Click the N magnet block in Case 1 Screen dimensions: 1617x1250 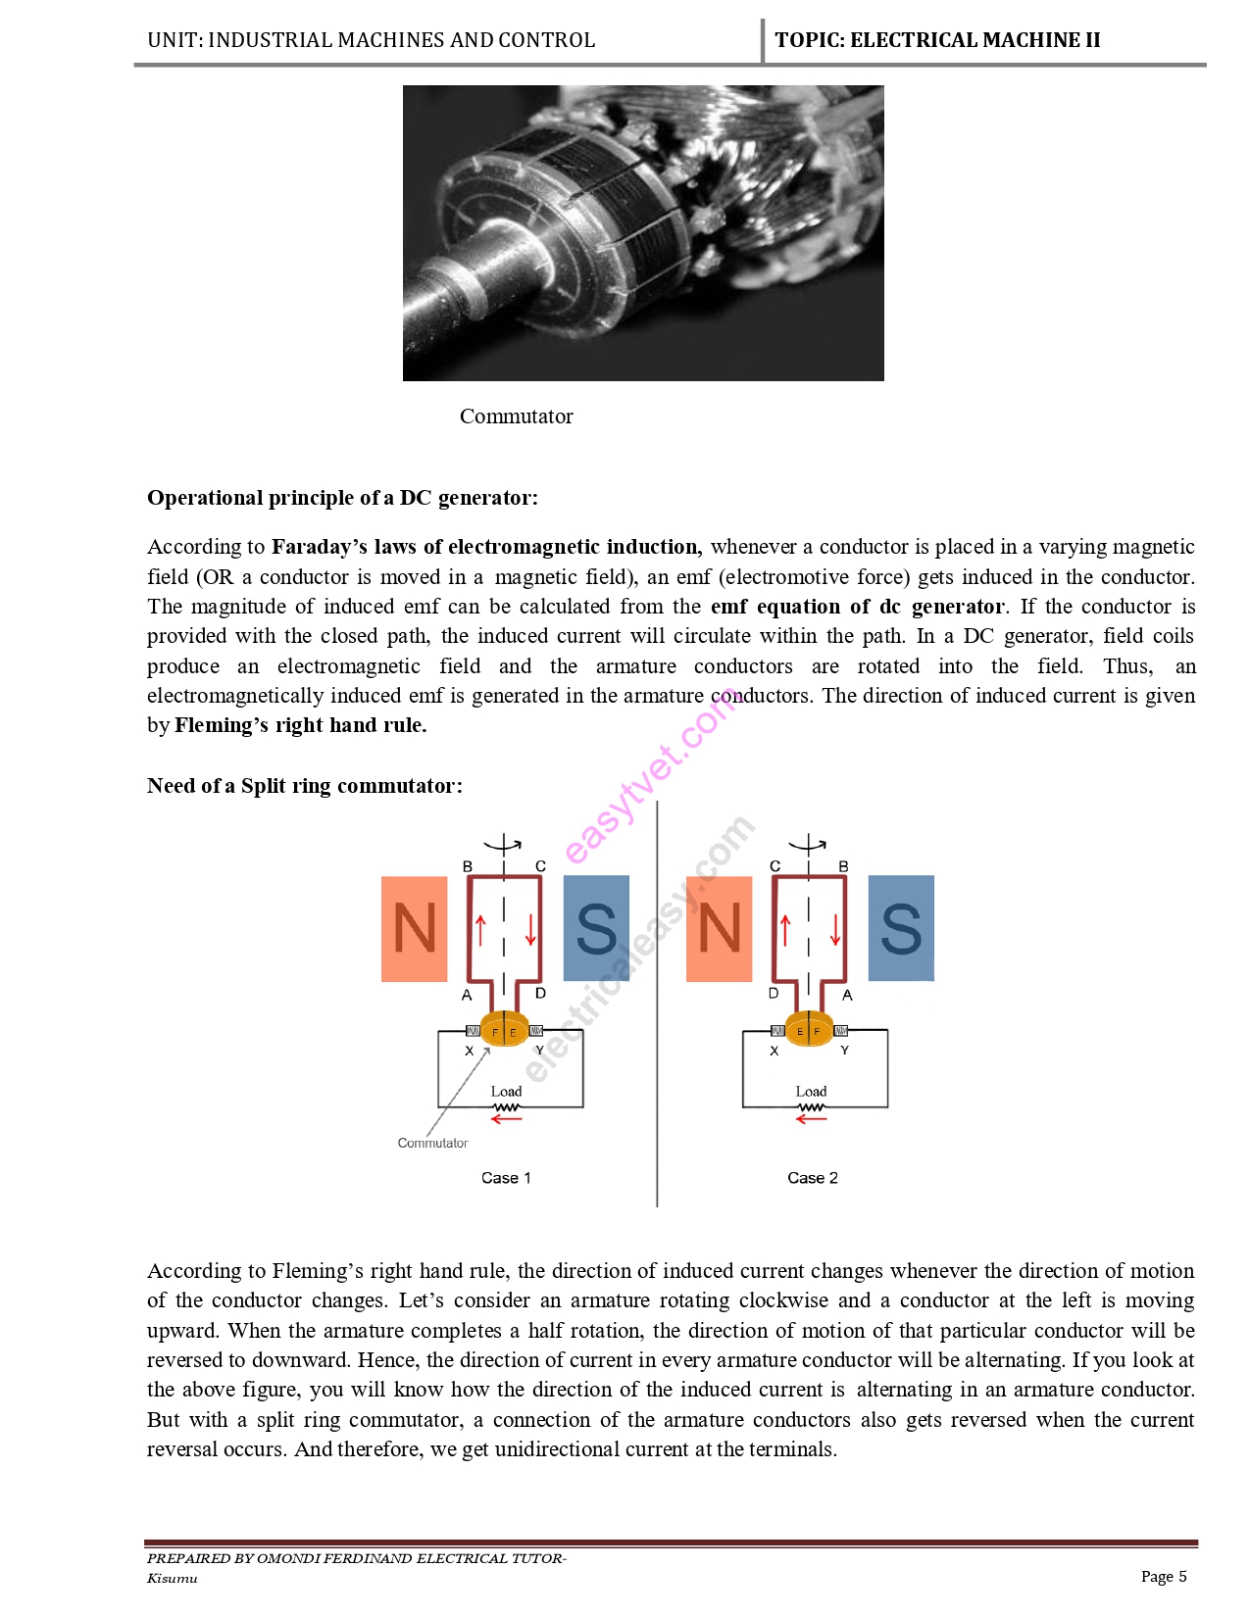click(414, 928)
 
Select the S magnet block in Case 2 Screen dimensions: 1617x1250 click(901, 928)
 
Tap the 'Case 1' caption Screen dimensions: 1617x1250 click(506, 1178)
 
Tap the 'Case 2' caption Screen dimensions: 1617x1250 click(813, 1178)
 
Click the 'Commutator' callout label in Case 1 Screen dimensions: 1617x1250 click(432, 1143)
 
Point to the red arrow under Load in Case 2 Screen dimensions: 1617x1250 click(811, 1119)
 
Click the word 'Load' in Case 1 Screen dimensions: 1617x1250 click(506, 1091)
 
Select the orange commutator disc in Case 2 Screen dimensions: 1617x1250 click(809, 1030)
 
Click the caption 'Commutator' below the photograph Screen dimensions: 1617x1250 click(516, 416)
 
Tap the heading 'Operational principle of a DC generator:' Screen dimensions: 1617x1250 click(342, 498)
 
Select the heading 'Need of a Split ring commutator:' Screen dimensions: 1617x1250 click(304, 786)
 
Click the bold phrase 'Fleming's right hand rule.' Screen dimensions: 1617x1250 click(300, 725)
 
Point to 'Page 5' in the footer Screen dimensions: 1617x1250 click(1164, 1576)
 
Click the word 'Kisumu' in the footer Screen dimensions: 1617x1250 click(173, 1578)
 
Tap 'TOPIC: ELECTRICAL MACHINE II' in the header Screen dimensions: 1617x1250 click(937, 40)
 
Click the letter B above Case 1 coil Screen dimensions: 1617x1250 click(468, 866)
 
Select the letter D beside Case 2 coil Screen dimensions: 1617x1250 click(774, 994)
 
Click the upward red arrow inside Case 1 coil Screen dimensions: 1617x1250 click(480, 930)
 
